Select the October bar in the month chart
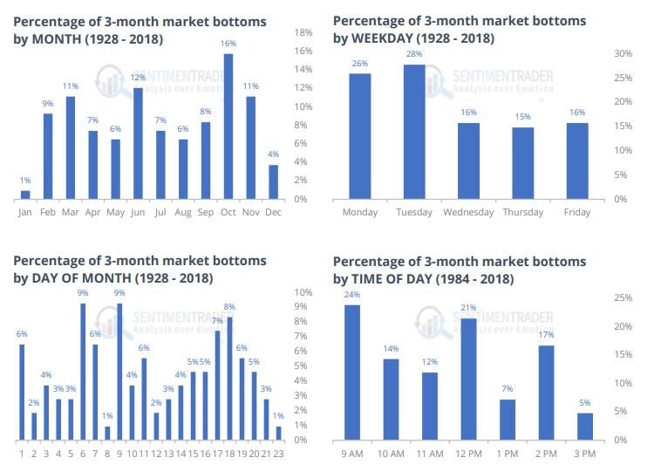coord(228,126)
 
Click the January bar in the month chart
coord(25,195)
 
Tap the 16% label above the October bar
coord(228,43)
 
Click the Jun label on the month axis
coord(138,212)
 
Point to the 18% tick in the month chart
coord(303,32)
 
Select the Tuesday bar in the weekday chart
coord(414,132)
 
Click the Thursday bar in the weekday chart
coord(523,163)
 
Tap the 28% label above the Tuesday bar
coord(414,55)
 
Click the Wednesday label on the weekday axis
coord(468,212)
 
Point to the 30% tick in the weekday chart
coord(623,53)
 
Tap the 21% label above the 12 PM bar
coord(467,308)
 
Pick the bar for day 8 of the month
coord(107,433)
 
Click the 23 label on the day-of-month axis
coord(278,453)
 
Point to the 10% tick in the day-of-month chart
coord(302,292)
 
